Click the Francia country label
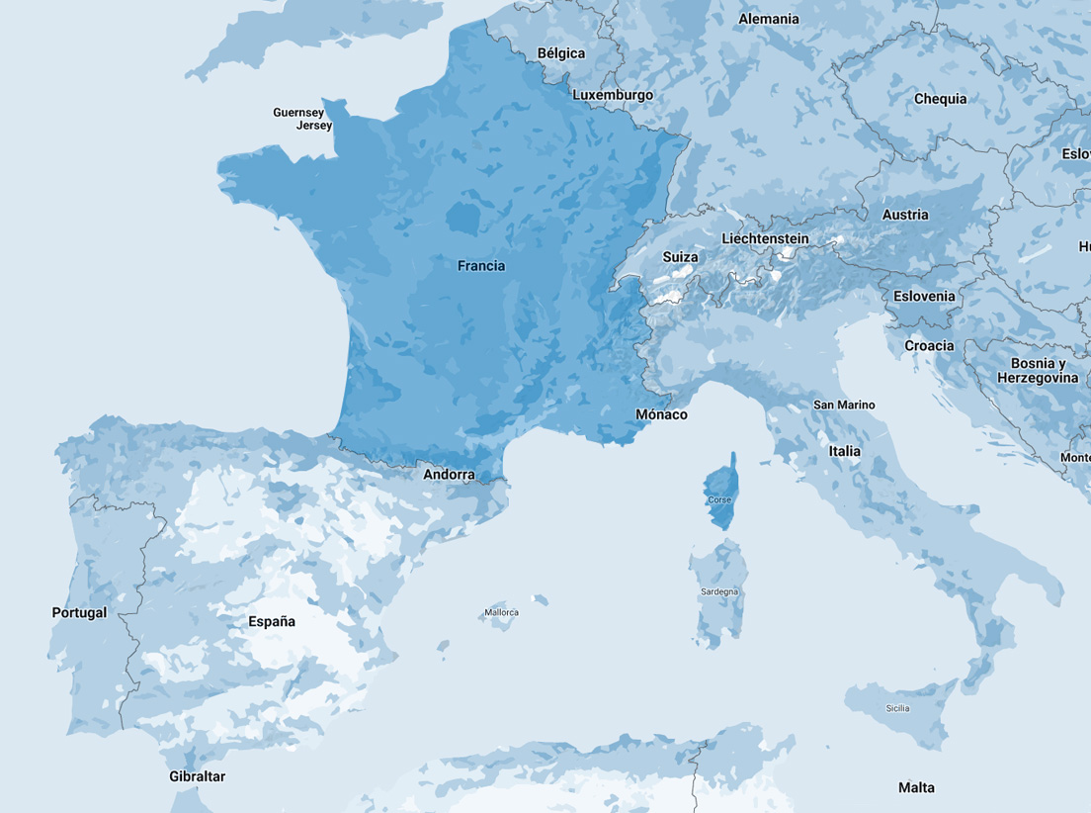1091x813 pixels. coord(481,266)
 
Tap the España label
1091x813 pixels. coord(272,622)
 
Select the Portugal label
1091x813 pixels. coord(79,613)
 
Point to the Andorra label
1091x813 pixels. coord(449,475)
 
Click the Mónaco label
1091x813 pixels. coord(661,414)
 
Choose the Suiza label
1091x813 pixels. coord(680,257)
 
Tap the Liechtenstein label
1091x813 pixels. coord(765,239)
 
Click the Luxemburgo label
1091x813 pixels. coord(613,95)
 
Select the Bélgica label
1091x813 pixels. coord(560,53)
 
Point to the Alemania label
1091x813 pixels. coord(769,19)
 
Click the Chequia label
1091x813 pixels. coord(940,99)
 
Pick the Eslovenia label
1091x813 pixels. coord(924,296)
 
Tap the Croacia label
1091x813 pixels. coord(929,346)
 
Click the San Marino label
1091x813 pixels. coord(844,405)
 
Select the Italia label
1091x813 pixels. coord(845,451)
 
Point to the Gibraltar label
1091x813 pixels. coord(197,776)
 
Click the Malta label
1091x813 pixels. coord(916,787)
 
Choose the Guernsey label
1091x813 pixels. coord(298,113)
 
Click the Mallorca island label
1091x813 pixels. coord(501,613)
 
